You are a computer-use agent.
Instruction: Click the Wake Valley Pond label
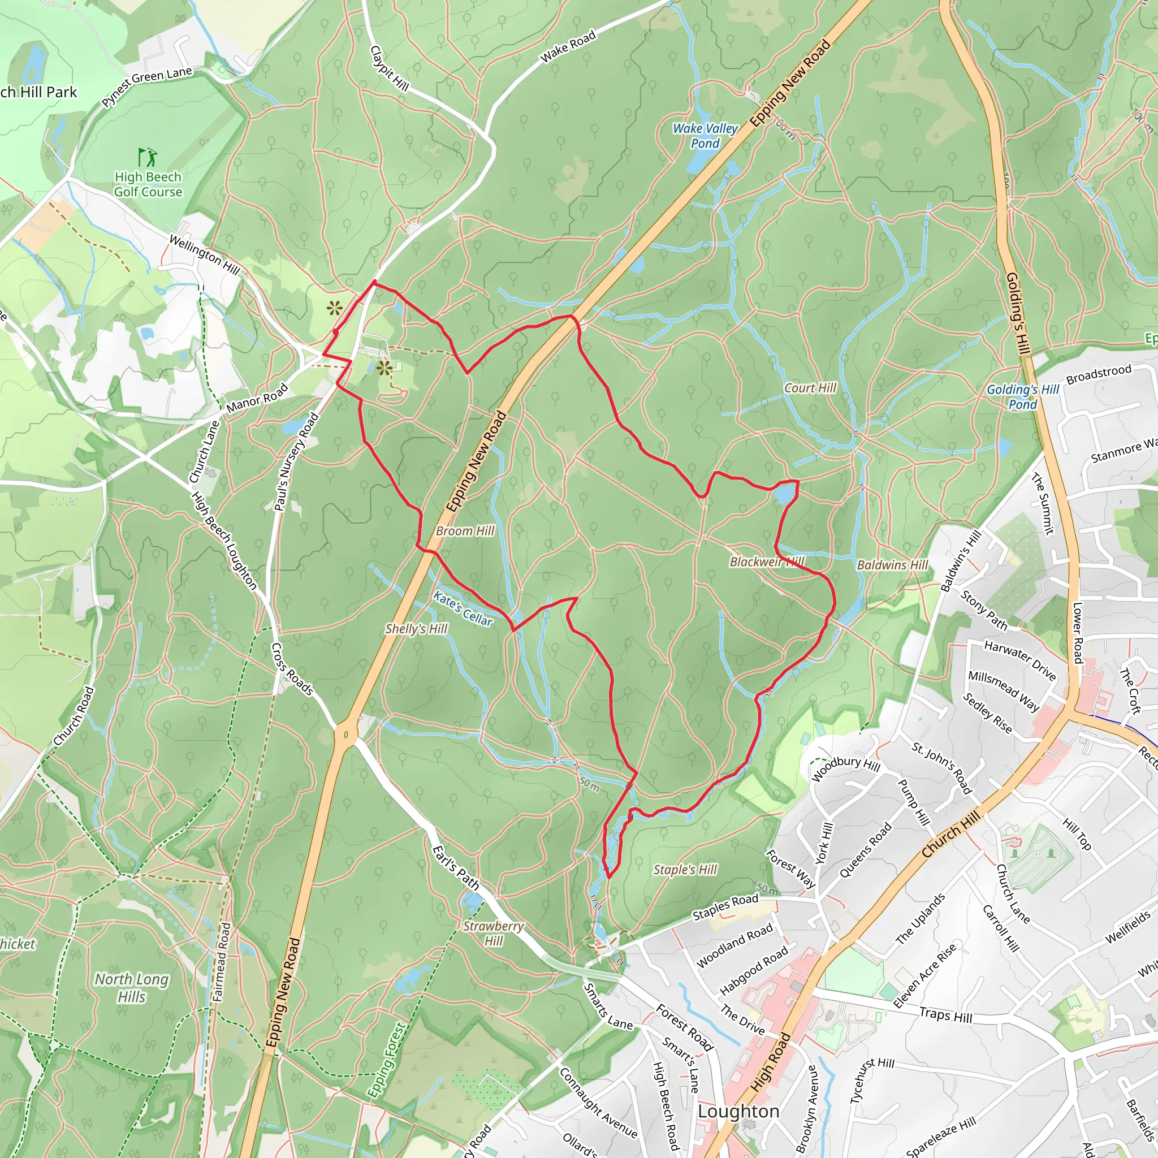tap(705, 136)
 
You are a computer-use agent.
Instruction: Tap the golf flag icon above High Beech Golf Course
tap(148, 157)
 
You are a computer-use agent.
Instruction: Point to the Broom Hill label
tap(465, 531)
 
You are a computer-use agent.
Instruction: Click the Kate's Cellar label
tap(463, 609)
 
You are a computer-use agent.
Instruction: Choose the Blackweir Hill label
tap(767, 561)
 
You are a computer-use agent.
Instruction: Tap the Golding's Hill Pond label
tap(1022, 397)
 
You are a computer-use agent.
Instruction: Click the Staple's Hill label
tap(685, 870)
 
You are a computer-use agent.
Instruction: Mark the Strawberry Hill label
tap(493, 933)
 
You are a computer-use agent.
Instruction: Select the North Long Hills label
tap(132, 988)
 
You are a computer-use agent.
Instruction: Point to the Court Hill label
tap(810, 388)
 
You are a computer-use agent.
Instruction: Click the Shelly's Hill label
tap(416, 629)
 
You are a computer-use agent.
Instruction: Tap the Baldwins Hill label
tap(892, 565)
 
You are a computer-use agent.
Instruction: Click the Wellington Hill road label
tap(204, 255)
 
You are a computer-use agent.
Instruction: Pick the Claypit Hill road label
tap(390, 68)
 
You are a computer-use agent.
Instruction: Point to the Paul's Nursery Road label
tap(296, 461)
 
